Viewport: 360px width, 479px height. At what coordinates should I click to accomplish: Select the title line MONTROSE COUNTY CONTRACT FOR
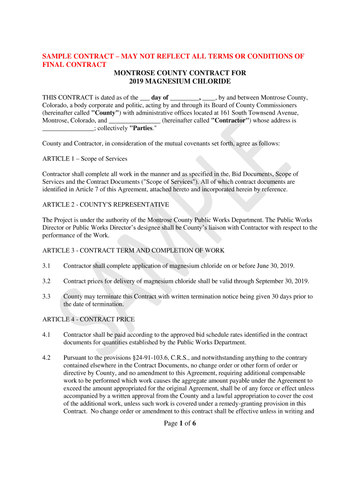click(x=180, y=73)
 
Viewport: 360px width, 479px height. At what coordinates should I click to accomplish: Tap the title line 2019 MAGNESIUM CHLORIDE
click(x=180, y=81)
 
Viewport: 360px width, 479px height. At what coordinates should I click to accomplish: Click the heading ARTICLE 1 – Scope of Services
click(x=85, y=159)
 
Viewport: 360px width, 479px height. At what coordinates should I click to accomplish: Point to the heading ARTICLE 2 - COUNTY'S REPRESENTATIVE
click(x=106, y=204)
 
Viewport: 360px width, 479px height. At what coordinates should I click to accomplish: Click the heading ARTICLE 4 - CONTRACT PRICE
click(x=88, y=319)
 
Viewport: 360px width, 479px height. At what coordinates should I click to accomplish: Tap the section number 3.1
click(x=46, y=266)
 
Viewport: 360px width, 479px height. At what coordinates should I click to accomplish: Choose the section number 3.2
click(x=46, y=281)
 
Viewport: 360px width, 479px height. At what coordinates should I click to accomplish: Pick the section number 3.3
click(x=46, y=297)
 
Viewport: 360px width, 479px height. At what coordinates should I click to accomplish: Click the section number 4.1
click(x=46, y=334)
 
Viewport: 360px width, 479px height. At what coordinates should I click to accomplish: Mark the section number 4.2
click(x=46, y=357)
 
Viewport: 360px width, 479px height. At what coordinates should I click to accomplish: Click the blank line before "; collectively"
click(x=68, y=128)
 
